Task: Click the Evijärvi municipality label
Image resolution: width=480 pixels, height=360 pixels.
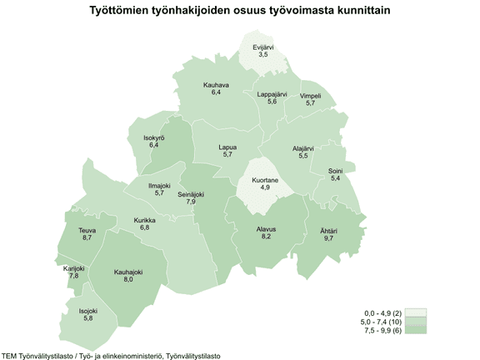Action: pyautogui.click(x=265, y=47)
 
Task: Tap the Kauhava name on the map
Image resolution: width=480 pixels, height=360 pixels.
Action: pyautogui.click(x=216, y=85)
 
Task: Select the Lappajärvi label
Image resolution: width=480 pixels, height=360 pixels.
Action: pyautogui.click(x=272, y=94)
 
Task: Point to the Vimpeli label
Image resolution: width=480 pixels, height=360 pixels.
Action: pyautogui.click(x=311, y=96)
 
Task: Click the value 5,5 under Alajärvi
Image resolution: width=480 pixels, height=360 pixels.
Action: pyautogui.click(x=303, y=156)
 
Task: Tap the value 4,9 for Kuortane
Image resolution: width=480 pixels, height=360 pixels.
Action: pyautogui.click(x=265, y=187)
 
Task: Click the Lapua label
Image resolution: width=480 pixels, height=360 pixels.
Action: pyautogui.click(x=227, y=147)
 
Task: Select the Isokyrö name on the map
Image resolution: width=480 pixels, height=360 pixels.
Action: pyautogui.click(x=154, y=137)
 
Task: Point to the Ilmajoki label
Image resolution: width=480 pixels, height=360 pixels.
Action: pyautogui.click(x=159, y=185)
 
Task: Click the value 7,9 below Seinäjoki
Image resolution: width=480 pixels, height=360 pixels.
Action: pyautogui.click(x=191, y=202)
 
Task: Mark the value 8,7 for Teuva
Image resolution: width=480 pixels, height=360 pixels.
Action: pyautogui.click(x=87, y=238)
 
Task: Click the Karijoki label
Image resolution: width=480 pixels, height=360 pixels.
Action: pyautogui.click(x=74, y=268)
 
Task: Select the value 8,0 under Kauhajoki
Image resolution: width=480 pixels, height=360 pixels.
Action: pyautogui.click(x=128, y=280)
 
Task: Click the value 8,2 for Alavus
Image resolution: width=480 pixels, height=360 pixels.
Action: pyautogui.click(x=266, y=237)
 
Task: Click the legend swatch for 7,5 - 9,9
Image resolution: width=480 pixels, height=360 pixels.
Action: pyautogui.click(x=416, y=331)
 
